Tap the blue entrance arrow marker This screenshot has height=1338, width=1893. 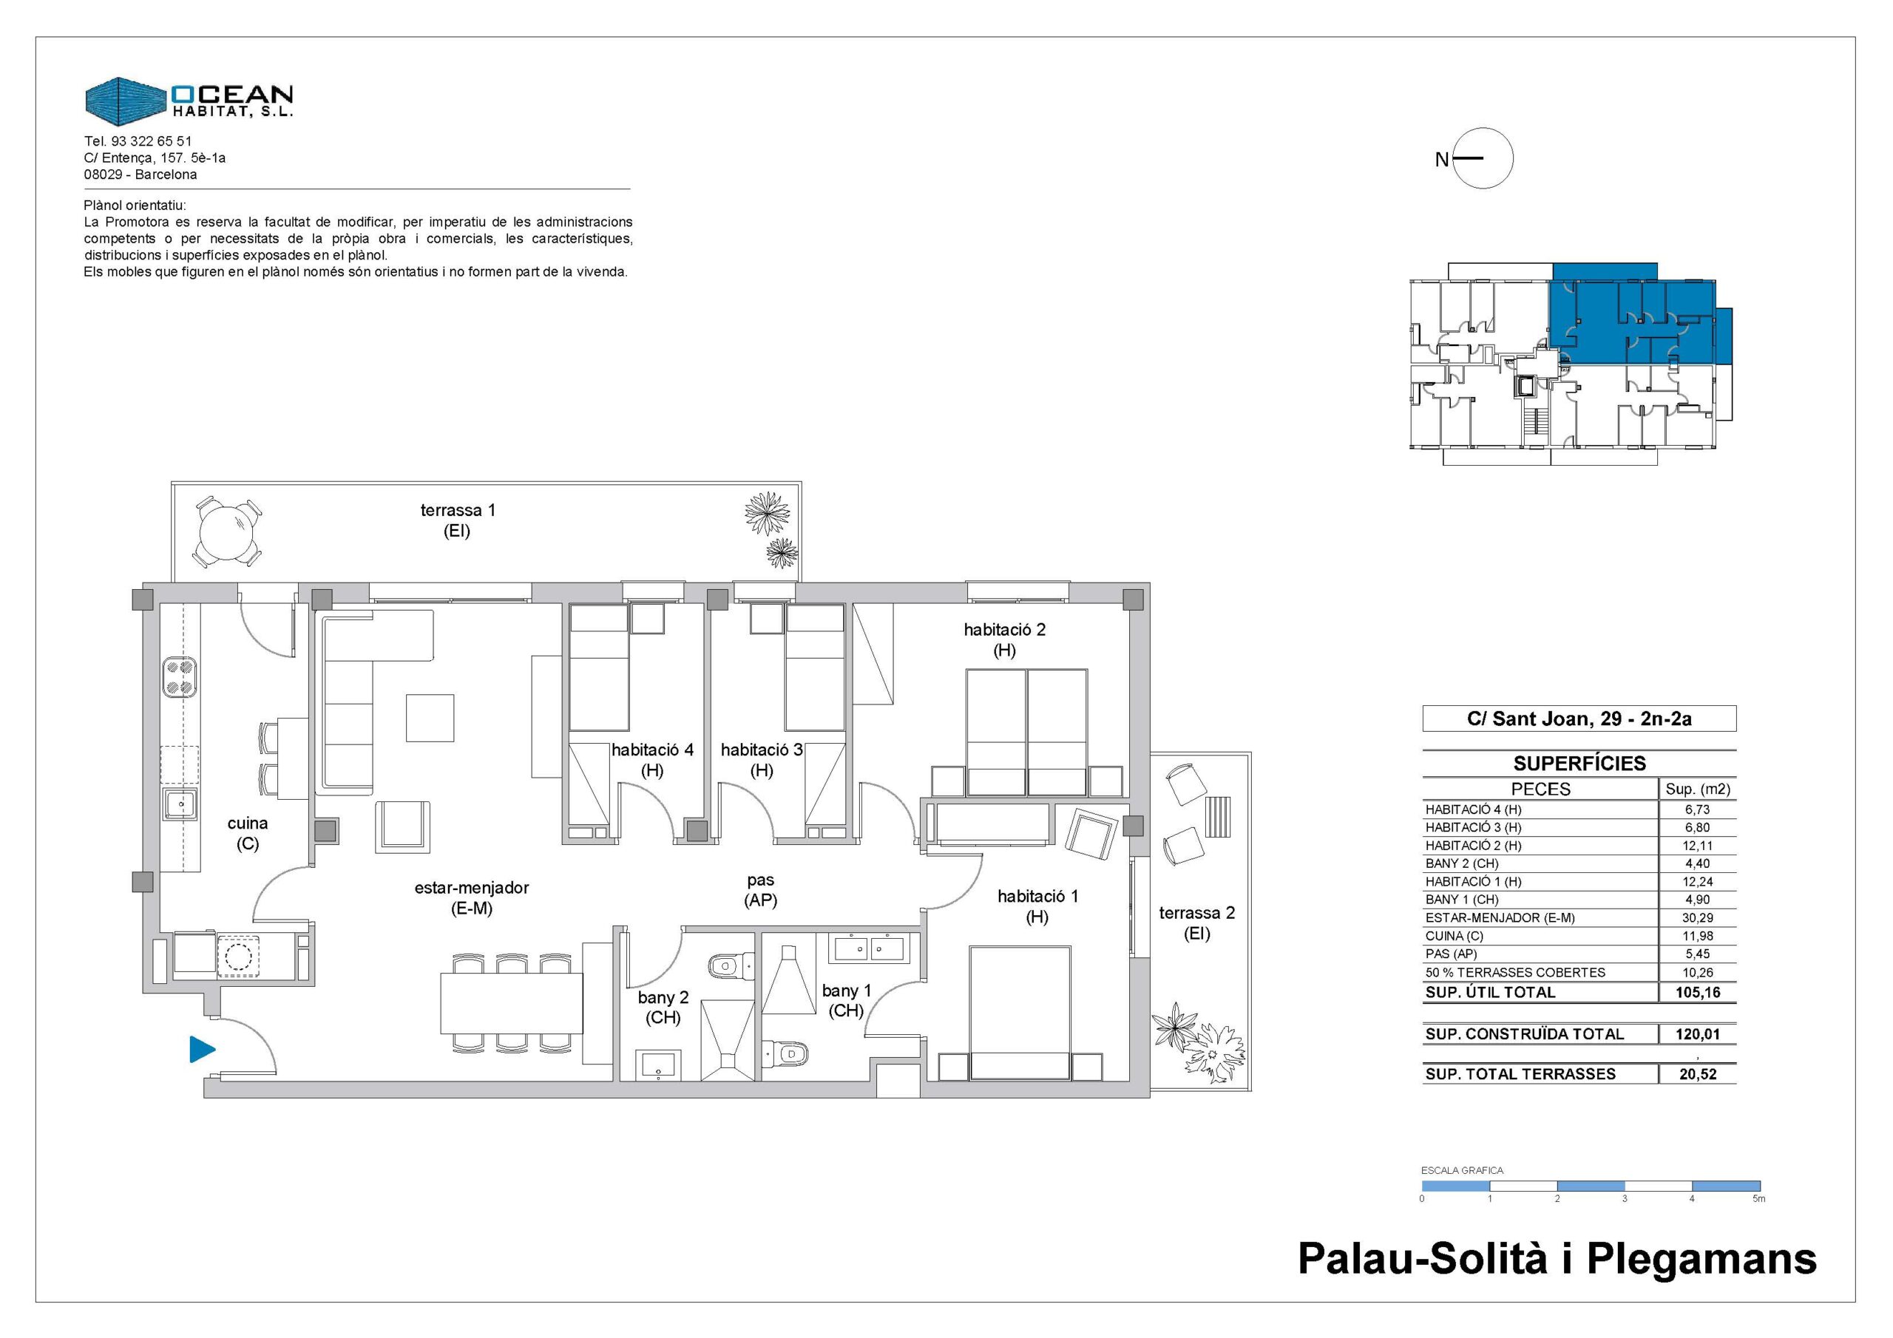pyautogui.click(x=202, y=1050)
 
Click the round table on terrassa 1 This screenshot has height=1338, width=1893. pyautogui.click(x=229, y=531)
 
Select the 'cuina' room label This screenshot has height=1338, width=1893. pyautogui.click(x=247, y=823)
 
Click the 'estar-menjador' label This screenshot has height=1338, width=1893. pyautogui.click(x=472, y=888)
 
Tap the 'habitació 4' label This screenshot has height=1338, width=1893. pyautogui.click(x=652, y=750)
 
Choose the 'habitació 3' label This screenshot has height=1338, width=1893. pyautogui.click(x=762, y=750)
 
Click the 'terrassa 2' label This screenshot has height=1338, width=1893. pyautogui.click(x=1196, y=913)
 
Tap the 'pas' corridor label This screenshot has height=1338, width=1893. pyautogui.click(x=760, y=880)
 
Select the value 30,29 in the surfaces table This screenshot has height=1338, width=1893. pyautogui.click(x=1698, y=917)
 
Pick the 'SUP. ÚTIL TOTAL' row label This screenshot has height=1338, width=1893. pyautogui.click(x=1490, y=993)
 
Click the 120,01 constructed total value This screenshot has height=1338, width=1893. pyautogui.click(x=1698, y=1033)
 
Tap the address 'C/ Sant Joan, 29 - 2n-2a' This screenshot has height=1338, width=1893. pyautogui.click(x=1579, y=719)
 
